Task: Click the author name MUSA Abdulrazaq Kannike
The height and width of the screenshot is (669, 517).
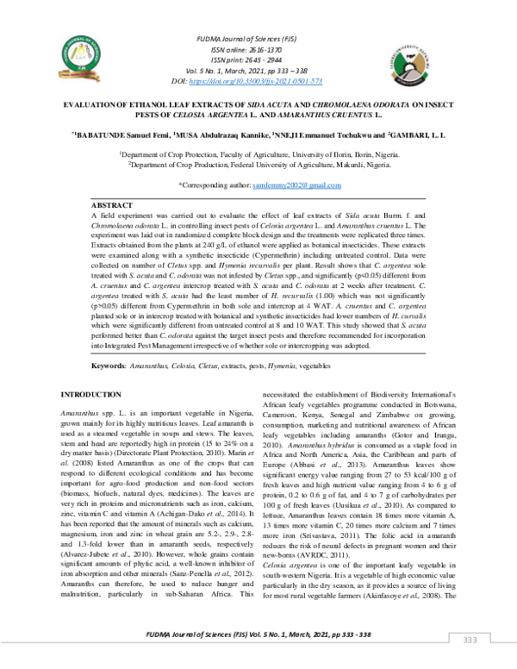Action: click(220, 134)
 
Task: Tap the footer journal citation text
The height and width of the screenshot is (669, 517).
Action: click(258, 634)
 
